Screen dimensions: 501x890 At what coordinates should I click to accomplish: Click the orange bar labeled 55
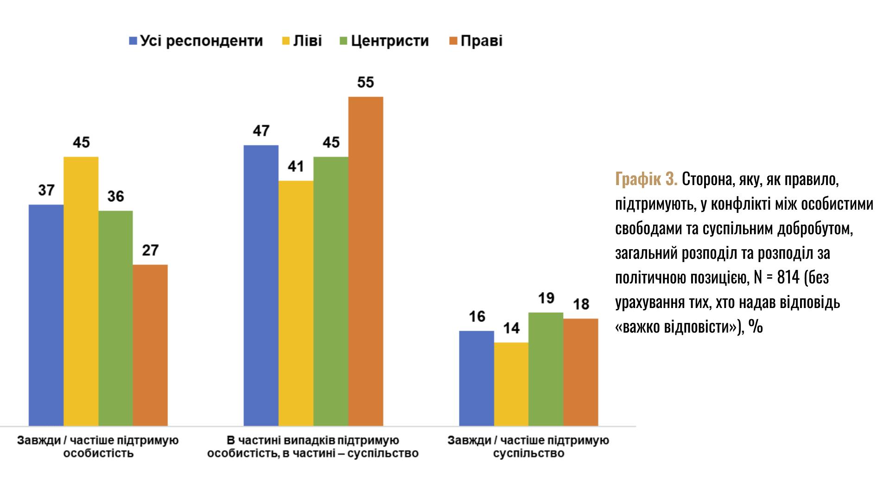[366, 261]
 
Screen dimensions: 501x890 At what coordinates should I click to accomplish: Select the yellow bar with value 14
[511, 384]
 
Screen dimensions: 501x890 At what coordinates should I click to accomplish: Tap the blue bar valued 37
[46, 315]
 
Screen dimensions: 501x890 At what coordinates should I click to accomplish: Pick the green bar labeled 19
[546, 369]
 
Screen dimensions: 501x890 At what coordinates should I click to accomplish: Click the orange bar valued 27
[150, 345]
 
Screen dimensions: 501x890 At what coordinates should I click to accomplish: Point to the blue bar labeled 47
[261, 285]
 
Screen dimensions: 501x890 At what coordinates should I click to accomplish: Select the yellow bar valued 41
[296, 303]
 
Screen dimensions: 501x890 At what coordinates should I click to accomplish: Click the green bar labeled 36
[115, 318]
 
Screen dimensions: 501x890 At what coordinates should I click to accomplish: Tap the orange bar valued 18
[581, 372]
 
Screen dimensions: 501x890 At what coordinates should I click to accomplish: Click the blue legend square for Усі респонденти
[133, 41]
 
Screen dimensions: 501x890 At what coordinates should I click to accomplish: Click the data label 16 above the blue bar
[477, 317]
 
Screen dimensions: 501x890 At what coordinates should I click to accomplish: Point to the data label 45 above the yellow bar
[81, 142]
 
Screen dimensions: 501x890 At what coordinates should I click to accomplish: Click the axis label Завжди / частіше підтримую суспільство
[528, 446]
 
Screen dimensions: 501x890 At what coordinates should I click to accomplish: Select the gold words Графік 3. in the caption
[646, 180]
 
